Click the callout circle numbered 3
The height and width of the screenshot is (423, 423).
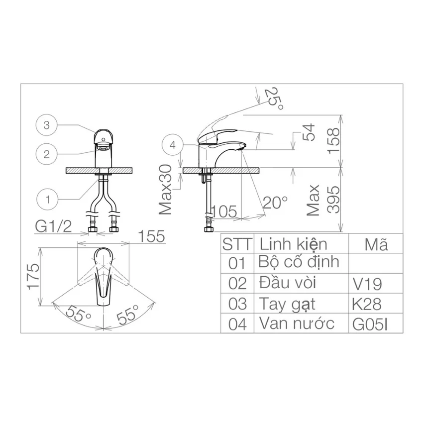coord(47,125)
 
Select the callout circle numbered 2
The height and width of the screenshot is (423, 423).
coord(47,154)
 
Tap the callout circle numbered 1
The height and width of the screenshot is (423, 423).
coord(47,200)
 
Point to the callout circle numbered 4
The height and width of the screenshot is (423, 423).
coord(173,145)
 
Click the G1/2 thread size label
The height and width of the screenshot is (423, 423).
coord(53,226)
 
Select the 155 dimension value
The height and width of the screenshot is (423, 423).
coord(151,236)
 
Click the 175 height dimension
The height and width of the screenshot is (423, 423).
coord(33,277)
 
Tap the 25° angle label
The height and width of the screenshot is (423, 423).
coord(273,98)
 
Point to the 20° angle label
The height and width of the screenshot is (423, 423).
coord(275,203)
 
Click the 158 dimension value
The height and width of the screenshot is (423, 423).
coord(334,141)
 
